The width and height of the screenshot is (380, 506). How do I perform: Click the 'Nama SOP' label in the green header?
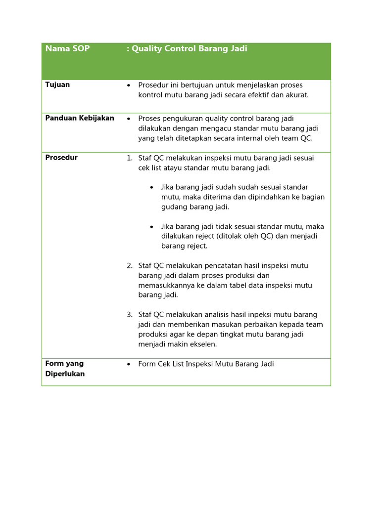[x=67, y=48]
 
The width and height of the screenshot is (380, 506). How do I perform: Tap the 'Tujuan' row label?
[x=57, y=84]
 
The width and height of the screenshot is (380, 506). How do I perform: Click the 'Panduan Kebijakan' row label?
[x=80, y=118]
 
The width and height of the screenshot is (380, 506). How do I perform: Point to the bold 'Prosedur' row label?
[x=61, y=158]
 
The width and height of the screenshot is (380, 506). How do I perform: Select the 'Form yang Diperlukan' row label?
[x=65, y=369]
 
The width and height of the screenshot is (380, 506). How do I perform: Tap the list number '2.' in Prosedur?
[x=129, y=266]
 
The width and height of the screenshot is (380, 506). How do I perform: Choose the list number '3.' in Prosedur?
[x=129, y=315]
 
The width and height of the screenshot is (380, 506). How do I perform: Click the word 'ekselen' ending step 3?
[x=204, y=344]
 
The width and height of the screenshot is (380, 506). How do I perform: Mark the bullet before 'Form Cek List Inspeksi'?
[x=129, y=364]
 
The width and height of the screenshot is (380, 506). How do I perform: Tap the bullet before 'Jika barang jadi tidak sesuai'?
[x=151, y=227]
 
